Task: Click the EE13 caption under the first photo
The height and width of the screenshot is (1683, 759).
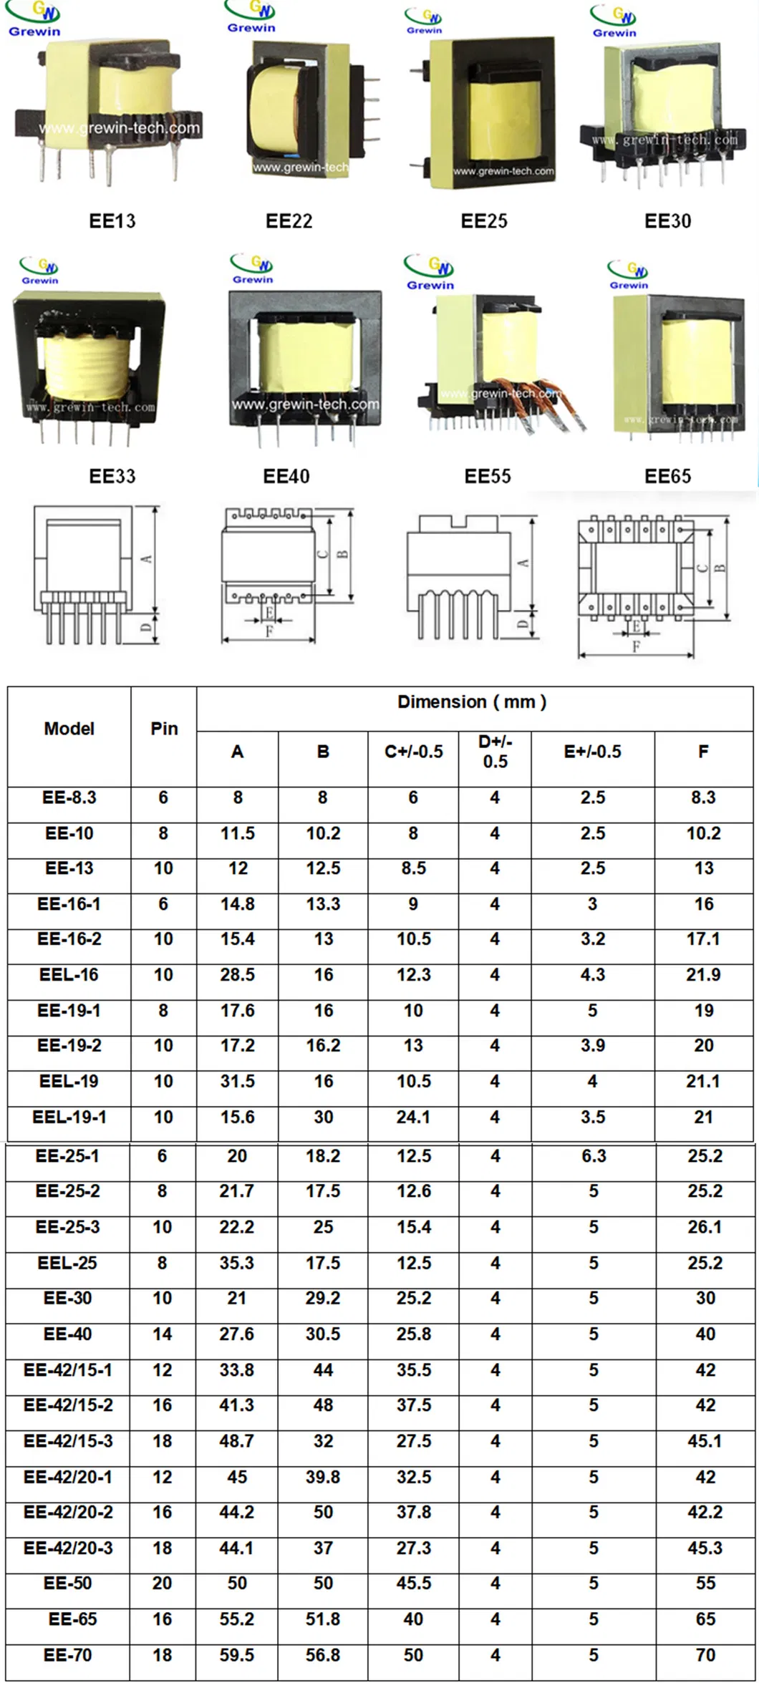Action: (112, 221)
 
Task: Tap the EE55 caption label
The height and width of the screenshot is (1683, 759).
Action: (488, 477)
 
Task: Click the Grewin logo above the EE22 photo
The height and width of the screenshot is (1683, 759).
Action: (251, 18)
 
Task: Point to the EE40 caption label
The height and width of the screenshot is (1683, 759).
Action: (286, 477)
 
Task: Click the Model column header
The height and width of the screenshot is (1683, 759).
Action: (69, 729)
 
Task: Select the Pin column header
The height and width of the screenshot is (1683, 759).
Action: (164, 729)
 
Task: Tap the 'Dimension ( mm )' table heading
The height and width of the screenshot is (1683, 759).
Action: (472, 702)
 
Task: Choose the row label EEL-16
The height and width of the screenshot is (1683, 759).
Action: (69, 975)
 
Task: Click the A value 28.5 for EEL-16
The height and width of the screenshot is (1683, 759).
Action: (238, 975)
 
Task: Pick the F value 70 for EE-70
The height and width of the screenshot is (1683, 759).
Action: (705, 1655)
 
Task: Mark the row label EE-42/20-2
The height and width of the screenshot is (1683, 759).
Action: (68, 1512)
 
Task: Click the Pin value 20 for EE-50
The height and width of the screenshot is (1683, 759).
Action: (163, 1583)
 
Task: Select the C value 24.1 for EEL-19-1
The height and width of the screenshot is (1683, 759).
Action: (414, 1117)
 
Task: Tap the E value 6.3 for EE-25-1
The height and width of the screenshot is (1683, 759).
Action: (594, 1156)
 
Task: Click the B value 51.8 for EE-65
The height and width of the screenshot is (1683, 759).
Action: (323, 1619)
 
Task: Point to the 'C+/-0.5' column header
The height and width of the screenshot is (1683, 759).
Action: (414, 752)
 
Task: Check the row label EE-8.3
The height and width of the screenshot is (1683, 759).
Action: (69, 797)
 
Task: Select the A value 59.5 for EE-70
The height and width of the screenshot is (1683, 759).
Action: (237, 1655)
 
